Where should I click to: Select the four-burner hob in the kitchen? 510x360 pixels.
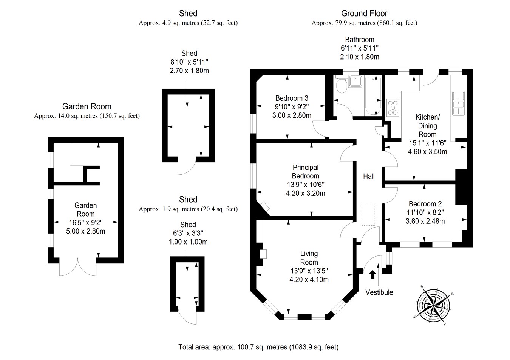393,107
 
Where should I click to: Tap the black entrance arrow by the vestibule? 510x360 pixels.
372,274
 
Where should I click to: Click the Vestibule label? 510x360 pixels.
379,292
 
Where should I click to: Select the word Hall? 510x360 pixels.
369,176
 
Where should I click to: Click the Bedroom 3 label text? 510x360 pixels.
292,98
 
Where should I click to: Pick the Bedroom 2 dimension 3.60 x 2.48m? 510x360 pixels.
425,221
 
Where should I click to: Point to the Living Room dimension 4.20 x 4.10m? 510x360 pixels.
309,280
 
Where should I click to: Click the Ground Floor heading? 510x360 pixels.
364,14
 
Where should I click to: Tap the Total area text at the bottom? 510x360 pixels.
258,347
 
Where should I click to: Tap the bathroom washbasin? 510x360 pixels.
355,81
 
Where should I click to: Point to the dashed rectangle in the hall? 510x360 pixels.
368,215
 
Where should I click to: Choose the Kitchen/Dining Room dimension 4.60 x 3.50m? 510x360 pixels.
427,152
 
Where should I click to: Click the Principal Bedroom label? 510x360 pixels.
306,172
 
